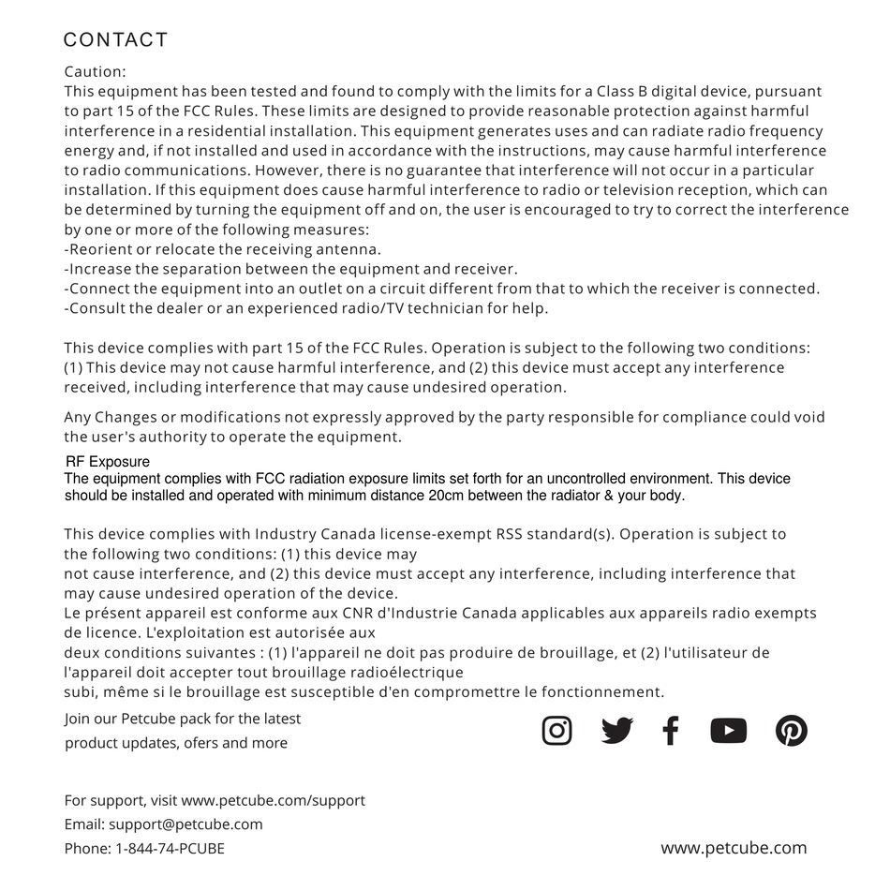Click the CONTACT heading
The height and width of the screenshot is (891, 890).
[115, 40]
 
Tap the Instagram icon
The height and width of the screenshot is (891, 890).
[557, 730]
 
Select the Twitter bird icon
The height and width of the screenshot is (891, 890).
[617, 730]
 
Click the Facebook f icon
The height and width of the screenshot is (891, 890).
[671, 730]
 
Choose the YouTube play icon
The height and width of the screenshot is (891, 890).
[728, 730]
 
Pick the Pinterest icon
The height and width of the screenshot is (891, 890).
[792, 730]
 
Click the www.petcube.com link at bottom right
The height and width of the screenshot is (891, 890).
[734, 848]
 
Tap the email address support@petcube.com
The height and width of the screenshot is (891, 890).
[185, 824]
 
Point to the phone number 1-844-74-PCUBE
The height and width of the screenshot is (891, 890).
[170, 849]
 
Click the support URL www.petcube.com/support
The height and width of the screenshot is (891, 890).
[273, 801]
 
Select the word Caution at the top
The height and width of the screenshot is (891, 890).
[94, 71]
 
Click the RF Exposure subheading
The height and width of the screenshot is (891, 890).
[107, 462]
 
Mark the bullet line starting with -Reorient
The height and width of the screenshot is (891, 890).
[222, 249]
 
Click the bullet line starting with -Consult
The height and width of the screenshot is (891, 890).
[305, 308]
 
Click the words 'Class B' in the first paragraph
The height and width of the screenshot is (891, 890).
[621, 92]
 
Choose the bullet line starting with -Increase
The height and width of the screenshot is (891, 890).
[290, 269]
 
